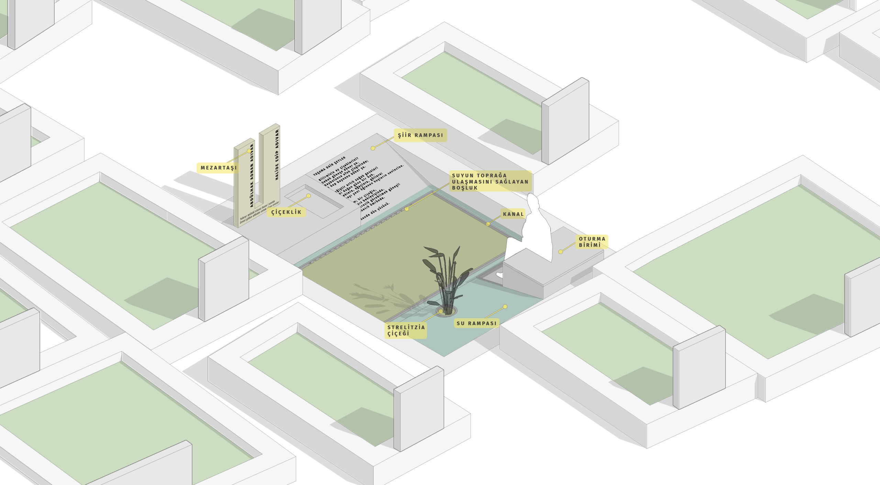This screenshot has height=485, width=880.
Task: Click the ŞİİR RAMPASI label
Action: [420, 135]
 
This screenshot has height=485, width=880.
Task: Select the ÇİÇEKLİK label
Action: [286, 212]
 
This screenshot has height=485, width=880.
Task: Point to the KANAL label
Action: [513, 214]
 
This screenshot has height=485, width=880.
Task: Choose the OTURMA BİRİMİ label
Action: [592, 242]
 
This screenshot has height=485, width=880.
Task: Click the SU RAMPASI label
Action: [476, 323]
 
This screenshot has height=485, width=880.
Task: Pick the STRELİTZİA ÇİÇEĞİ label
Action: [406, 330]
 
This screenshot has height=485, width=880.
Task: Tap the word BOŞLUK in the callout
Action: [465, 188]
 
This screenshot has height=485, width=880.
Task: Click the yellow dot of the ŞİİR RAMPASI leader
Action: [373, 148]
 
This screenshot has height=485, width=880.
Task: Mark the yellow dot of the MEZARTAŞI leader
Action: [249, 151]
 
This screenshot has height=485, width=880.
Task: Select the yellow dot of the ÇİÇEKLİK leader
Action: [308, 196]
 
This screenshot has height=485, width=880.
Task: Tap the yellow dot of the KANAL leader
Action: [488, 224]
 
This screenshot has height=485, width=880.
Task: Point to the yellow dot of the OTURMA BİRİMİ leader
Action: [561, 252]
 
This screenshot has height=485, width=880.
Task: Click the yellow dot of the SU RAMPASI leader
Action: [505, 306]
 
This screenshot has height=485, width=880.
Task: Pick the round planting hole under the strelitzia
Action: [447, 312]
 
